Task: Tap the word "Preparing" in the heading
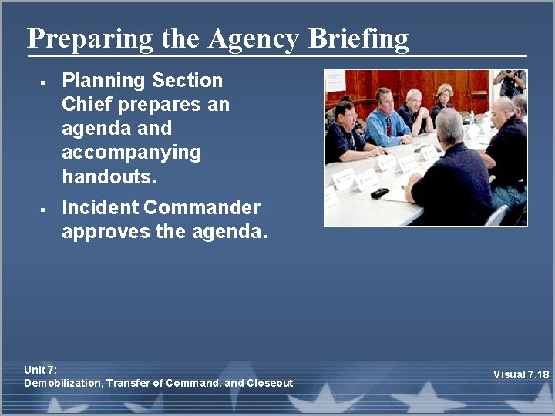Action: pyautogui.click(x=90, y=38)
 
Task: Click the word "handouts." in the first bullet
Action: pyautogui.click(x=109, y=176)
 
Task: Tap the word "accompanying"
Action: pyautogui.click(x=131, y=153)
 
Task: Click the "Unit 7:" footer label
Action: pyautogui.click(x=40, y=371)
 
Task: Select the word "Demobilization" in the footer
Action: pyautogui.click(x=62, y=383)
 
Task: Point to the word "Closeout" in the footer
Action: pyautogui.click(x=270, y=383)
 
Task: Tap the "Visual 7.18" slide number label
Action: pyautogui.click(x=521, y=375)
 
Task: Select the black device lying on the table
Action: pyautogui.click(x=379, y=193)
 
